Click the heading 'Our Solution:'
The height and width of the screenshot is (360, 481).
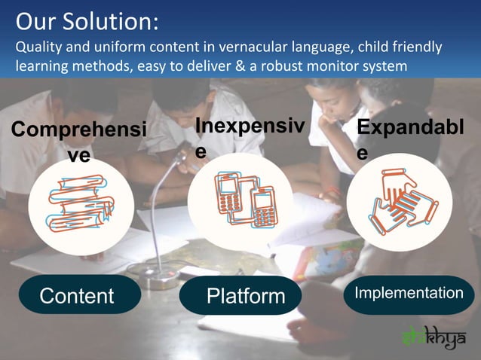(x=87, y=20)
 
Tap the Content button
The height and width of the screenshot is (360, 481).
(x=76, y=295)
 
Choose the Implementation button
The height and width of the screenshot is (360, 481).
(x=409, y=293)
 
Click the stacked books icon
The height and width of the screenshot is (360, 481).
(x=81, y=202)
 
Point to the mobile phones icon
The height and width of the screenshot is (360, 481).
(x=245, y=200)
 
